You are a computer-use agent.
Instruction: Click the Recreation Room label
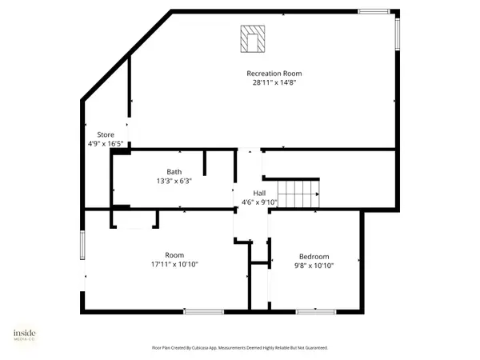click(x=274, y=74)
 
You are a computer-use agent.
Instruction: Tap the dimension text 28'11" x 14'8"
click(x=274, y=82)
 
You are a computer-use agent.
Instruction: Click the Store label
click(x=106, y=134)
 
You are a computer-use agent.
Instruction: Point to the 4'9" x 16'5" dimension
click(x=106, y=143)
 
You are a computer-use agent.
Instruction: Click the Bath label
click(x=174, y=172)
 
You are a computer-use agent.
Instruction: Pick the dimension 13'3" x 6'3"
click(x=174, y=181)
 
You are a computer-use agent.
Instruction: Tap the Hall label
click(x=259, y=194)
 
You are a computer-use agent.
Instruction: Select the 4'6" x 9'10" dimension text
click(x=259, y=202)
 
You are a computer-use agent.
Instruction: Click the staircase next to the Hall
click(x=298, y=194)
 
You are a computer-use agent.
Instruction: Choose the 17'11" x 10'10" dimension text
click(x=174, y=265)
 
